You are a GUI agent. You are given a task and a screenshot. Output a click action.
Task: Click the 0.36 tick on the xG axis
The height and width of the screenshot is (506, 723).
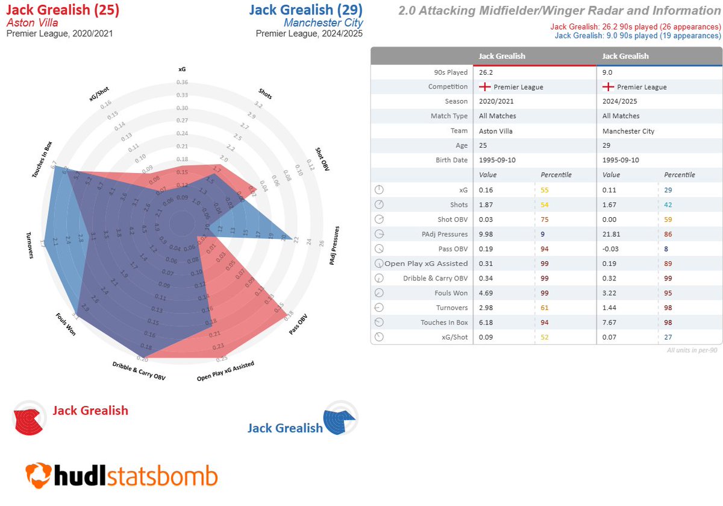point(182,83)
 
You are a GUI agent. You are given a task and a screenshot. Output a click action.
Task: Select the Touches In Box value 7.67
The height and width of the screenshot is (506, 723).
point(610,322)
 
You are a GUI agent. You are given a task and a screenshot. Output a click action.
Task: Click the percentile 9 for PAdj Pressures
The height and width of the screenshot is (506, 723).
point(543,233)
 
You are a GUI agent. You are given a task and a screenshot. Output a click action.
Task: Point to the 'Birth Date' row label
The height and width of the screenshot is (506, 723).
point(451,160)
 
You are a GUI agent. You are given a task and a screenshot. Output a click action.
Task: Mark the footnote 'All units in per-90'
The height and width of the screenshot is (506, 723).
point(693,350)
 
